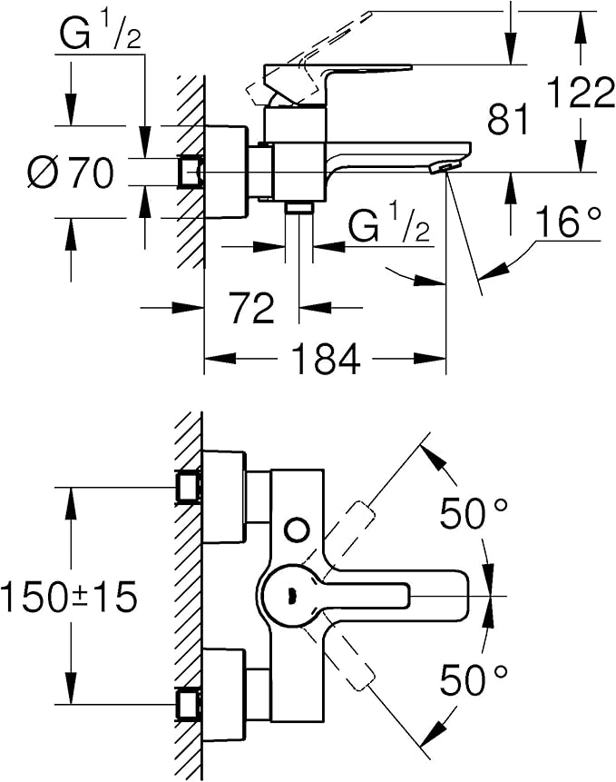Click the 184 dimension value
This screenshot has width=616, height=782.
pos(326,361)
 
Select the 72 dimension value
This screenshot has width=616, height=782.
pos(251,309)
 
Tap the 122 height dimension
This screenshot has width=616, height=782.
pos(580,94)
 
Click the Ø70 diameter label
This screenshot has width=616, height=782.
pos(72,172)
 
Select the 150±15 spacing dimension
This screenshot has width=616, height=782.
pos(69,597)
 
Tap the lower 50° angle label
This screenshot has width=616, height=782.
pos(474,678)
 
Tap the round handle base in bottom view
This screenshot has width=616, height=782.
pos(289,595)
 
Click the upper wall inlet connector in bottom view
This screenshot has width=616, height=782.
pos(189,486)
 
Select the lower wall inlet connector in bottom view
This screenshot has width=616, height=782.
pos(189,703)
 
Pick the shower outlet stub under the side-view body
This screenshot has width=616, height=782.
pos(298,208)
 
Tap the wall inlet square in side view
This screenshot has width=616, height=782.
pos(191,172)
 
